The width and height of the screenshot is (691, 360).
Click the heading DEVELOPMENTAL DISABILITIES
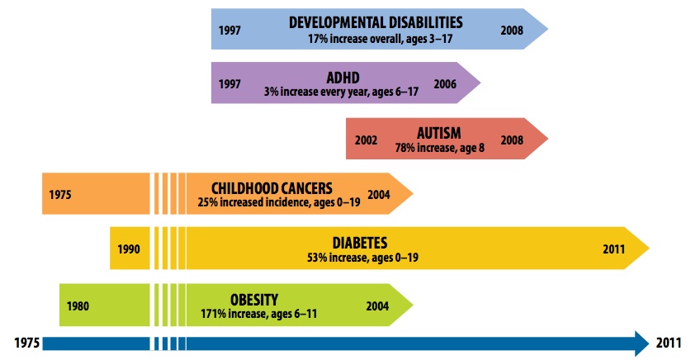tap(376, 21)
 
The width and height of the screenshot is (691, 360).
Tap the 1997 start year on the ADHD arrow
tap(230, 84)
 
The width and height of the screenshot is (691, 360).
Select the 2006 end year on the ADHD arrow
tap(445, 84)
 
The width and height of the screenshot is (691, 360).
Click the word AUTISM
tap(438, 132)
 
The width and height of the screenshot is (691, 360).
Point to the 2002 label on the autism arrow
tap(366, 140)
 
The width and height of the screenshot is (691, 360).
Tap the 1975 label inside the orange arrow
tap(60, 195)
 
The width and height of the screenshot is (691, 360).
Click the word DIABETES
tap(360, 243)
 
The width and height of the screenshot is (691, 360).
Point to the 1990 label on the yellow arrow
tap(129, 249)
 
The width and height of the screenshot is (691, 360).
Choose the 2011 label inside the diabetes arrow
tap(613, 249)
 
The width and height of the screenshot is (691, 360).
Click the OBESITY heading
tap(254, 299)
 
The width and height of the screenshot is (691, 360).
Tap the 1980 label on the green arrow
tap(78, 306)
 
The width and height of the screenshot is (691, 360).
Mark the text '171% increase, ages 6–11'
tap(254, 313)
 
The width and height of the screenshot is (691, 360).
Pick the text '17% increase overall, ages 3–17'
tap(376, 38)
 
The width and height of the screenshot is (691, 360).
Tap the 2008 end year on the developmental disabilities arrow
tap(512, 30)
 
